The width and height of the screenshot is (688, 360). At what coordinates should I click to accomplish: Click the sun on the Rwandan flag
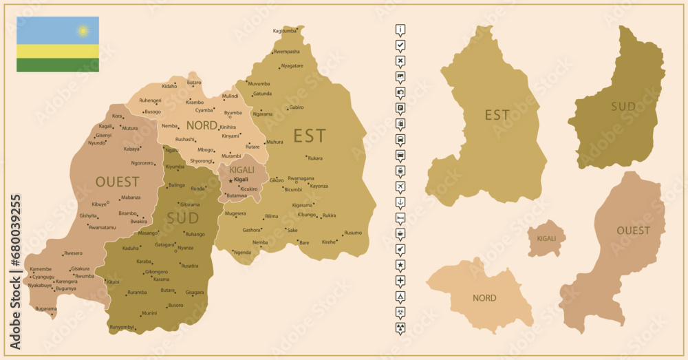coord(83,31)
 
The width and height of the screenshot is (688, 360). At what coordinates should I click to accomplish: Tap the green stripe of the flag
coord(58,65)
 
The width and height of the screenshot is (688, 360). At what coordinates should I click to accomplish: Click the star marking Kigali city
coord(230,180)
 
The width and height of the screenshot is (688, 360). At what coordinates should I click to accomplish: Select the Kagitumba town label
coord(284,31)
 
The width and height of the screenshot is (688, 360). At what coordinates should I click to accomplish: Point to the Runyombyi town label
coord(121,326)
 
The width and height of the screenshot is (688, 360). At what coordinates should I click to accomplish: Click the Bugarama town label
coord(46,309)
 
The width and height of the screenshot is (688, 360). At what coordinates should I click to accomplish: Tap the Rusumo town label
coord(353,233)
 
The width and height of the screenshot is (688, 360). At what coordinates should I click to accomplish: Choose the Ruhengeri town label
coord(150,100)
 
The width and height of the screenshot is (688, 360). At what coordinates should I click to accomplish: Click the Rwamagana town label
coord(301,178)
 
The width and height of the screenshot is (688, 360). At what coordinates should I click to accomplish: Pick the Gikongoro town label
coord(157,271)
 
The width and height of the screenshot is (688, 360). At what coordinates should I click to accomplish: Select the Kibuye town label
coord(99,204)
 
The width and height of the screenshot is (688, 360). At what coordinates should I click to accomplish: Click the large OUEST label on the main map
coord(117,182)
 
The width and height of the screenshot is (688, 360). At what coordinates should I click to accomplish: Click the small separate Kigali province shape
coord(546,238)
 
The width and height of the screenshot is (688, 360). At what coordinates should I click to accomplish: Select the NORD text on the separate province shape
coord(484,298)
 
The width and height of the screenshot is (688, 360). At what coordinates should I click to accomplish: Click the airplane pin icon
coord(400,187)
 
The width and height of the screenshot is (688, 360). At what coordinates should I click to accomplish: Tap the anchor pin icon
coord(400,202)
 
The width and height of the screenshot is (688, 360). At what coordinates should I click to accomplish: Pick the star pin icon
coord(400,265)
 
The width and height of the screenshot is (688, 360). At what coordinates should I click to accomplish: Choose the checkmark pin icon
coord(400,45)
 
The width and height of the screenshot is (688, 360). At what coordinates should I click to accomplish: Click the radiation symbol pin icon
coord(400,328)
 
